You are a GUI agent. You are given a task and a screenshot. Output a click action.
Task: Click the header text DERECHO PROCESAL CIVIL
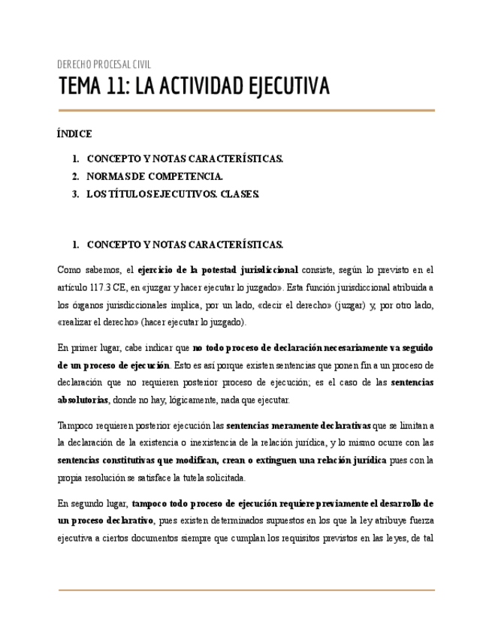(104, 64)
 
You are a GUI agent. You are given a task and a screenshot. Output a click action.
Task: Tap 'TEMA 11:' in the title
(94, 87)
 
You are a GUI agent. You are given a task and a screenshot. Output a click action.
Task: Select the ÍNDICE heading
(74, 134)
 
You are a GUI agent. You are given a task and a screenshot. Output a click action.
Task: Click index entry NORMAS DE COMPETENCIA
(155, 177)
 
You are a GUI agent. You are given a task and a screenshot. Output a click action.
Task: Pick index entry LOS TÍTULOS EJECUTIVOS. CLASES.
(173, 194)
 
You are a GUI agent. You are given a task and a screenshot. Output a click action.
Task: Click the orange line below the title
(246, 111)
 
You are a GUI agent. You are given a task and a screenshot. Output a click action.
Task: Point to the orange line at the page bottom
(246, 590)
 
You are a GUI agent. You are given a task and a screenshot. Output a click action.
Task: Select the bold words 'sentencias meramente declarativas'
(299, 426)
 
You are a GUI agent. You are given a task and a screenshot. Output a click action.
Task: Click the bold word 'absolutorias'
(83, 400)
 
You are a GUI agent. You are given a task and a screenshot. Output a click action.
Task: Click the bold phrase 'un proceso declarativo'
(106, 520)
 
